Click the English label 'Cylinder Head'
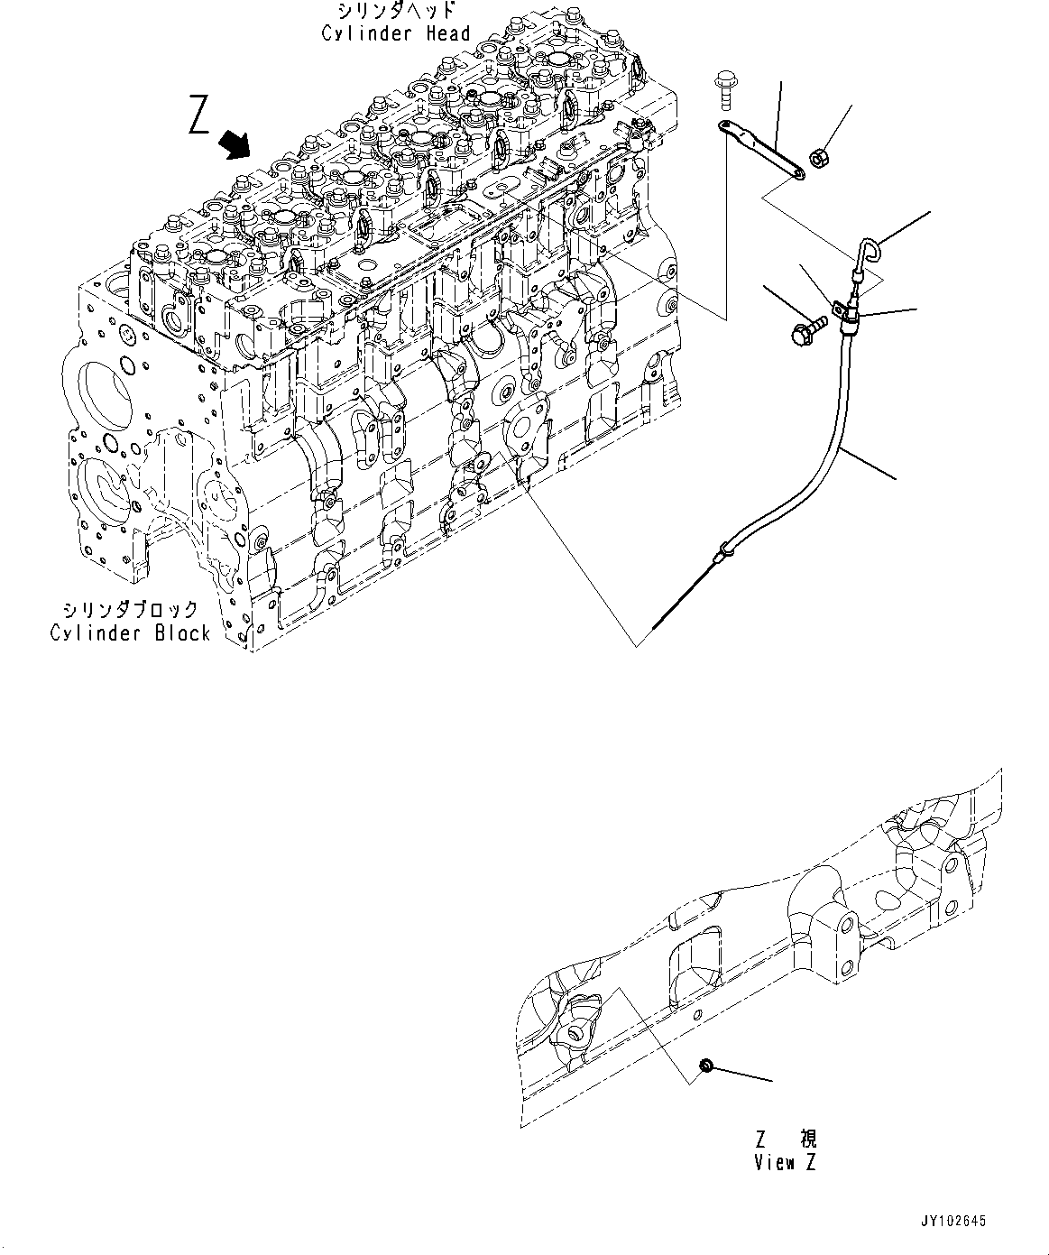pos(396,33)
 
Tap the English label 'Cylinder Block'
pos(129,632)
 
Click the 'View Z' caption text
pos(785,1163)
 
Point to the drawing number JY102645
pos(953,1222)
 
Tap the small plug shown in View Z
pos(706,1067)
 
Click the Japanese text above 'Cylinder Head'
pos(396,12)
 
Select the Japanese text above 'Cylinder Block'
pos(129,611)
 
